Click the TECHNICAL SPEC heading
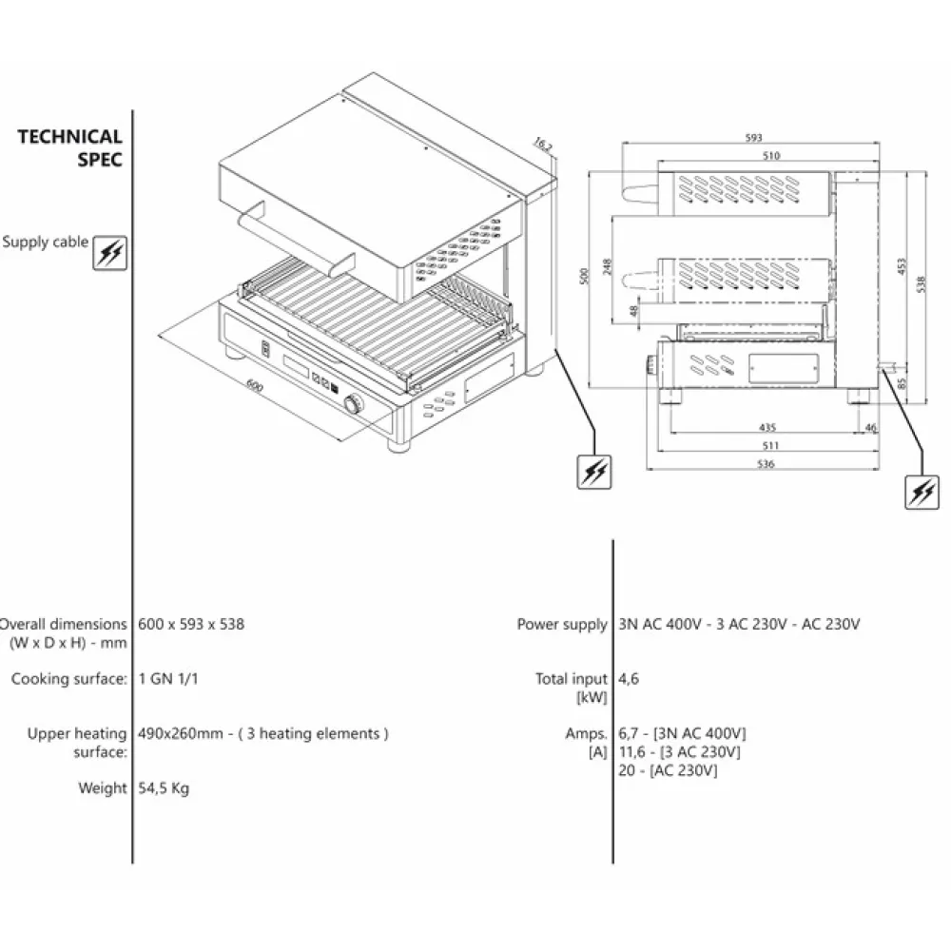(x=70, y=148)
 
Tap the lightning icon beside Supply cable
(x=110, y=252)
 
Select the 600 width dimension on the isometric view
(x=254, y=385)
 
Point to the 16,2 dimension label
(x=542, y=145)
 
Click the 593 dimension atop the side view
(x=755, y=139)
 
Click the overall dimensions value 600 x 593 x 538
(x=191, y=625)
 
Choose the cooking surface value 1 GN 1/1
(x=168, y=679)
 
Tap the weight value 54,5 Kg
(x=164, y=787)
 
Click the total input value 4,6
(x=628, y=679)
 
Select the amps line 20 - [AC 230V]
(x=668, y=769)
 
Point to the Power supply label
(x=561, y=625)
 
